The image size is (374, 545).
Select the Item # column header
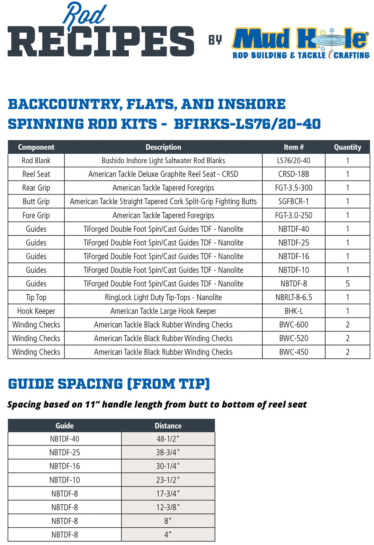(294, 147)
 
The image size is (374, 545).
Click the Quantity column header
(347, 147)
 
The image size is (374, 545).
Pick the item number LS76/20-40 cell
(294, 160)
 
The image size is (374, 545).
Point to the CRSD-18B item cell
(294, 174)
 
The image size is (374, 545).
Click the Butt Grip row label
(36, 201)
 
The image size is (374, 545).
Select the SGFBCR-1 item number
(294, 201)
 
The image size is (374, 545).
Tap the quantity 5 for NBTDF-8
(347, 284)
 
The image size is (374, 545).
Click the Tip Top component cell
(36, 297)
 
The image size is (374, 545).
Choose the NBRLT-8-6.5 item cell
(294, 297)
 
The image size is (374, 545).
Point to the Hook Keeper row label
(36, 311)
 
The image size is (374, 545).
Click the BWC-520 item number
(294, 338)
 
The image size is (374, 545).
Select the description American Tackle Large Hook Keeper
(163, 311)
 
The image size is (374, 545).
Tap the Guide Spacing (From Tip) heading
(109, 384)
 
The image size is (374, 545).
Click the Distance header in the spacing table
(168, 426)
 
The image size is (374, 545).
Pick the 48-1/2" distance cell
(168, 439)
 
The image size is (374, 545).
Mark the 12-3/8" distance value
(168, 507)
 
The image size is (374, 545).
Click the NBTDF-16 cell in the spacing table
(64, 466)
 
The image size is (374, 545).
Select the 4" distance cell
(168, 535)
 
